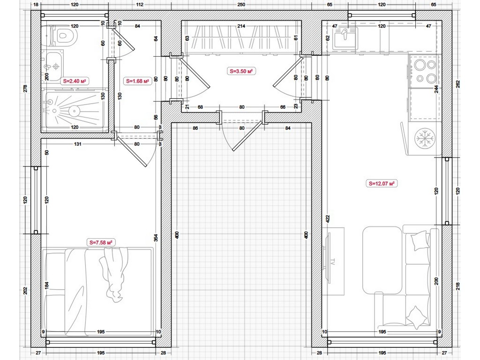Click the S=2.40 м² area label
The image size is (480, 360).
click(x=74, y=81)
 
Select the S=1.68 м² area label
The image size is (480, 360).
click(x=137, y=81)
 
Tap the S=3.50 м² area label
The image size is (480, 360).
click(x=241, y=71)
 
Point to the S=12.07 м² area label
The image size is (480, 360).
click(x=381, y=184)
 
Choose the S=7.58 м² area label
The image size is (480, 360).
click(x=101, y=242)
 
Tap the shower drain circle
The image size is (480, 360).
click(x=74, y=111)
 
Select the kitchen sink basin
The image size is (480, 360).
click(x=345, y=38)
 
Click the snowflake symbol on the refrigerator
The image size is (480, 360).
click(x=425, y=138)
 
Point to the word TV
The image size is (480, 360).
click(x=332, y=262)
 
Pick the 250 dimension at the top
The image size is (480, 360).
click(x=241, y=4)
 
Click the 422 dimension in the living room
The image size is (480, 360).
click(x=327, y=218)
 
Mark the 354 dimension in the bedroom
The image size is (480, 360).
click(x=156, y=238)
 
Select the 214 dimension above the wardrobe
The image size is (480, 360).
click(x=241, y=26)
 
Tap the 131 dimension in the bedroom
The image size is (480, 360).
click(x=77, y=144)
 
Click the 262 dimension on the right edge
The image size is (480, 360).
click(x=458, y=84)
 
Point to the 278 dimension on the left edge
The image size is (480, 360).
click(x=25, y=89)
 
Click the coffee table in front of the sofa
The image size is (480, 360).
click(x=382, y=260)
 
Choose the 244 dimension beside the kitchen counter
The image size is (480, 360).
click(x=436, y=89)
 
